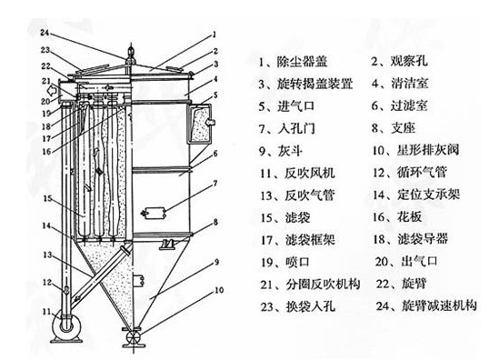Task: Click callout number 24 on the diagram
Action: coord(45,33)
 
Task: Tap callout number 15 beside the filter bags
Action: coord(47,198)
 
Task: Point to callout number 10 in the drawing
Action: coord(219,290)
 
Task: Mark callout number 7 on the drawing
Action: coord(215,184)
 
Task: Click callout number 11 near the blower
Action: coord(46,311)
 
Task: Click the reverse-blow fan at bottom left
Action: coord(67,326)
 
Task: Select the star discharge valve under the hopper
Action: coord(133,337)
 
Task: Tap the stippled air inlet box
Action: coord(201,124)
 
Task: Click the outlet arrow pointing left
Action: coord(51,91)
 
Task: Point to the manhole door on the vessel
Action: coord(154,213)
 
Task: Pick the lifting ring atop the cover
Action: coord(130,51)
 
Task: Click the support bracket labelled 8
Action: coord(168,245)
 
